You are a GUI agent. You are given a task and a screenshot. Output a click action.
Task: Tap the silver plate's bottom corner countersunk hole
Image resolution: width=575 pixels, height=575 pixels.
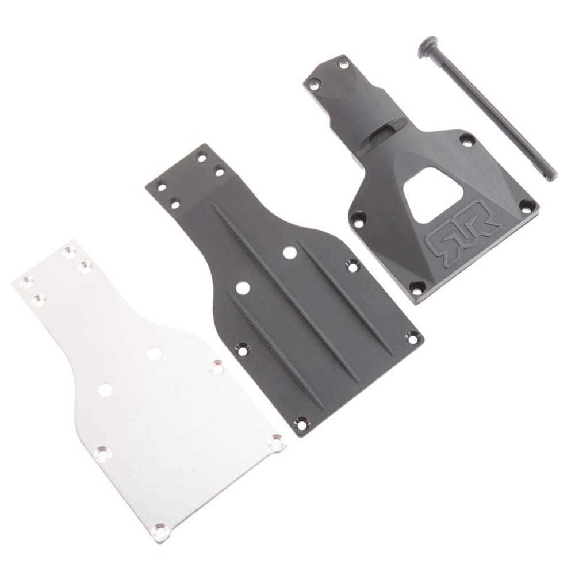pyautogui.click(x=160, y=532)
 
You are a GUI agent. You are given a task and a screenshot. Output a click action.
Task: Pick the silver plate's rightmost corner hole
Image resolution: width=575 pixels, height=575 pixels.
pyautogui.click(x=277, y=443)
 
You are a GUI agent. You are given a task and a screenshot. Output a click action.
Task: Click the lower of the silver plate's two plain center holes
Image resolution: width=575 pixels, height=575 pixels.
pyautogui.click(x=105, y=389)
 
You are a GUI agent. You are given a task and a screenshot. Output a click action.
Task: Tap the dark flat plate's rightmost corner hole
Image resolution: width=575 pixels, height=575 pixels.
pyautogui.click(x=412, y=338)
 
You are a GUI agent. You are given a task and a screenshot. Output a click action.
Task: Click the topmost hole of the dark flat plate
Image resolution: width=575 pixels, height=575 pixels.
pyautogui.click(x=202, y=156)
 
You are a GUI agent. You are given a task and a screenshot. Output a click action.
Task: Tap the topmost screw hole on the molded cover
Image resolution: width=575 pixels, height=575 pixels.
pyautogui.click(x=343, y=64)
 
